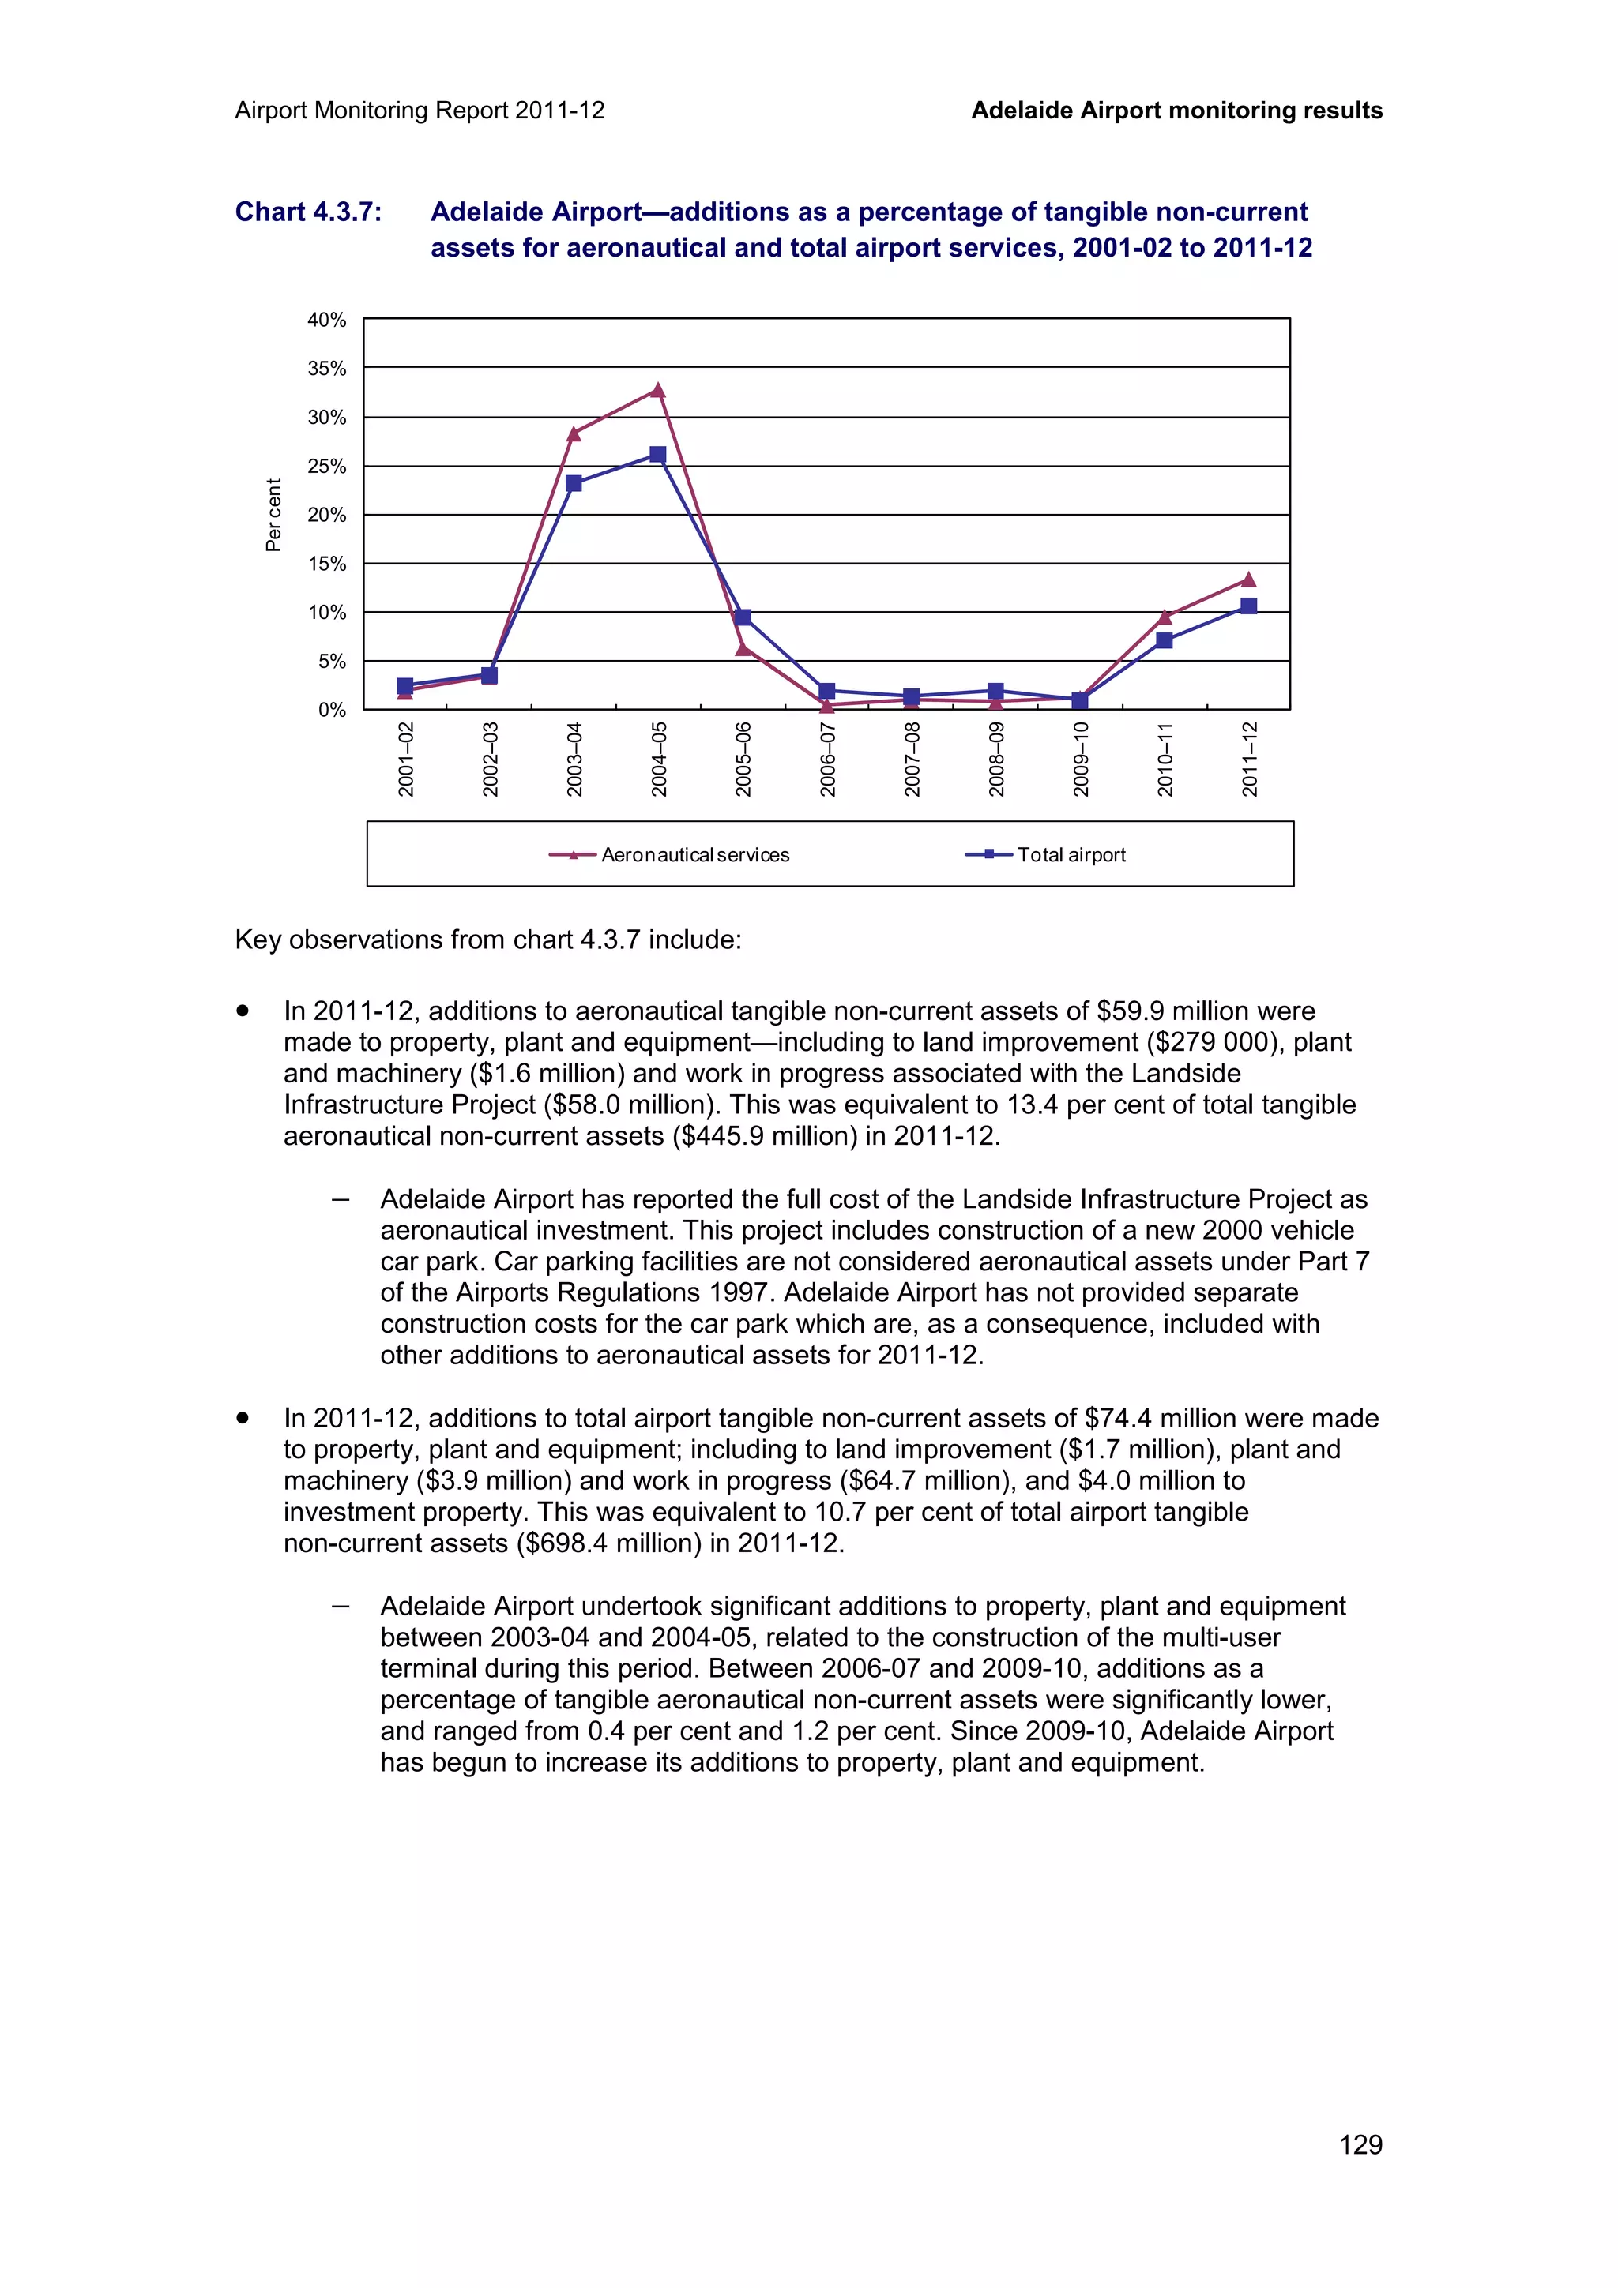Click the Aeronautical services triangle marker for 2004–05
658,391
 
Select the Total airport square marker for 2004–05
658,455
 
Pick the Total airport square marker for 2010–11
1165,641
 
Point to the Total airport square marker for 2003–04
574,483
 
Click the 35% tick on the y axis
327,369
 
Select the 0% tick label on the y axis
332,711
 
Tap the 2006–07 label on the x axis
827,760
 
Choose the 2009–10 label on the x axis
1081,760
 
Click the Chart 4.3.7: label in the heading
308,212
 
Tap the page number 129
1360,2144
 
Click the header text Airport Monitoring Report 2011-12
420,111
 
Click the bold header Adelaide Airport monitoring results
1176,111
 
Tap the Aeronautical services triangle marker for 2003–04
574,434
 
